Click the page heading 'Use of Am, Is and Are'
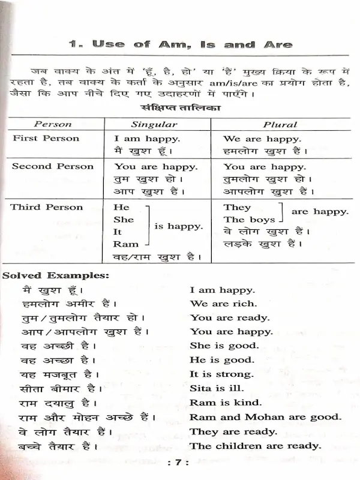pos(180,45)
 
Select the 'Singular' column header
pos(154,124)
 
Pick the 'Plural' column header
pos(280,124)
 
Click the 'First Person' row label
pos(46,138)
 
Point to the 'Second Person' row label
pos(53,166)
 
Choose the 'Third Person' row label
pos(47,207)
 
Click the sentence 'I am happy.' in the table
pos(147,139)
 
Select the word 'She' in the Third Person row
pos(123,219)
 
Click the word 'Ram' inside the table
pos(125,244)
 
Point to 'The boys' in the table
pos(249,220)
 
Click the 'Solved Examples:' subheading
pos(56,276)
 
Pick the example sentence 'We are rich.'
pos(223,304)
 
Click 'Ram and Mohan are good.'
pos(265,417)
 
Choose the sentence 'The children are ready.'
pos(255,446)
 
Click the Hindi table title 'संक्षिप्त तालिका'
pos(180,109)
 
